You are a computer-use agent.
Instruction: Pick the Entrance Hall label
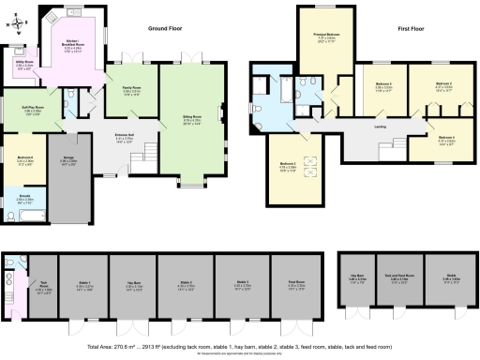point(124,136)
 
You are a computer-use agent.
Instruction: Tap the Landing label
point(381,125)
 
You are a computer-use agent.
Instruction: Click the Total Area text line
point(240,346)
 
